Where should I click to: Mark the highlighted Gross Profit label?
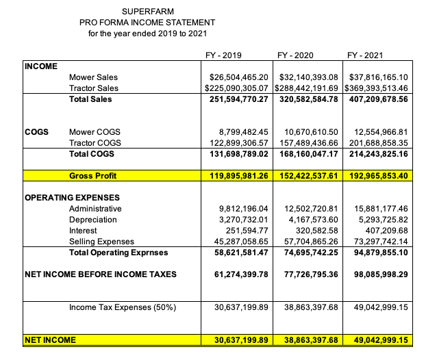[x=92, y=176]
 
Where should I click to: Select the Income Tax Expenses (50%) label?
[x=123, y=307]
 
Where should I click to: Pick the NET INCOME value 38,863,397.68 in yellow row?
[x=310, y=340]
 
